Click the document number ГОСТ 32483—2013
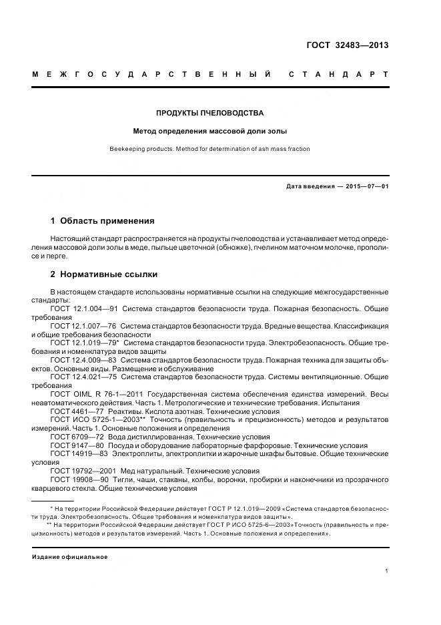[x=347, y=45]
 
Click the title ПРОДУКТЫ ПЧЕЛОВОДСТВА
[x=209, y=113]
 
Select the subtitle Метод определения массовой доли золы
[x=209, y=132]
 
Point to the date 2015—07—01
[x=366, y=186]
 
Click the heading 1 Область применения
[x=102, y=220]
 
